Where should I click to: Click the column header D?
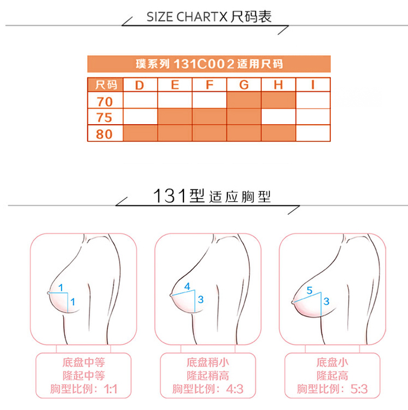[x=140, y=85]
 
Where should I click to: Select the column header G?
[x=244, y=85]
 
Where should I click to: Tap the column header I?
[x=312, y=84]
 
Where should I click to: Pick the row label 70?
[x=105, y=102]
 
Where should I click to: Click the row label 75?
[x=104, y=117]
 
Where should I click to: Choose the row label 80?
[x=104, y=134]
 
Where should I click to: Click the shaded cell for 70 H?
[x=278, y=100]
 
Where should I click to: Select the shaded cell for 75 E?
[x=175, y=116]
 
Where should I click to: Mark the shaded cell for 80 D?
[x=140, y=133]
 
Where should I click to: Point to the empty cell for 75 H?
[x=278, y=116]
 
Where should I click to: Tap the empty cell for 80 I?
[x=313, y=133]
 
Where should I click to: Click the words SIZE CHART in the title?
[x=187, y=17]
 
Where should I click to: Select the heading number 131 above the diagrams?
[x=170, y=196]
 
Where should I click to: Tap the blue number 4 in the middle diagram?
[x=187, y=286]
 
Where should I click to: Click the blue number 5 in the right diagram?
[x=310, y=290]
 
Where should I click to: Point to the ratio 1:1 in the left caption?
[x=111, y=389]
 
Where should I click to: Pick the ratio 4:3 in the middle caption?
[x=235, y=389]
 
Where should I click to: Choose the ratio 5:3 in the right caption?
[x=359, y=389]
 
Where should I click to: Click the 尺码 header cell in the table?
[x=106, y=84]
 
